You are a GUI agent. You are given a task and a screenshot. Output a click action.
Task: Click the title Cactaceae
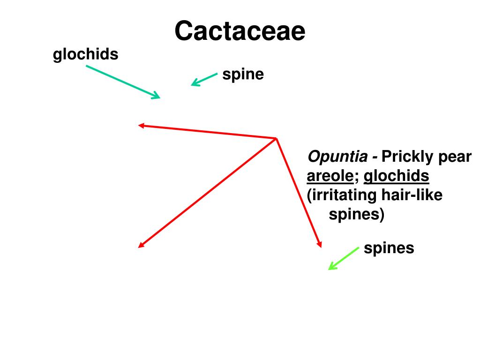point(240,31)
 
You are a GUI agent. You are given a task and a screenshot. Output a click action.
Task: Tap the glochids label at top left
point(85,55)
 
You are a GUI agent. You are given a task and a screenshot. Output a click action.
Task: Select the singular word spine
point(243,74)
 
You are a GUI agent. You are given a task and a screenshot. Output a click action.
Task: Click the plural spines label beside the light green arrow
point(389,247)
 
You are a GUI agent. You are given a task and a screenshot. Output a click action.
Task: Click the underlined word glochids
point(396,176)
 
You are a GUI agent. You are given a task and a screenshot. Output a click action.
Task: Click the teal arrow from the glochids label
point(123,82)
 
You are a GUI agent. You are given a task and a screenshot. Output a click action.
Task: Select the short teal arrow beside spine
point(204,79)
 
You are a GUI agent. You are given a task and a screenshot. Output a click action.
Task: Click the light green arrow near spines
point(344,258)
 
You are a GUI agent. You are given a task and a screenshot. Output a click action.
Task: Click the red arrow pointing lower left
point(207,193)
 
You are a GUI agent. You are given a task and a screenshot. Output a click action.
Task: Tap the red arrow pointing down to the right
point(299,192)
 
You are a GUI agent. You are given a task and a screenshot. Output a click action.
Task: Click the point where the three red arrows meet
point(276,138)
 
